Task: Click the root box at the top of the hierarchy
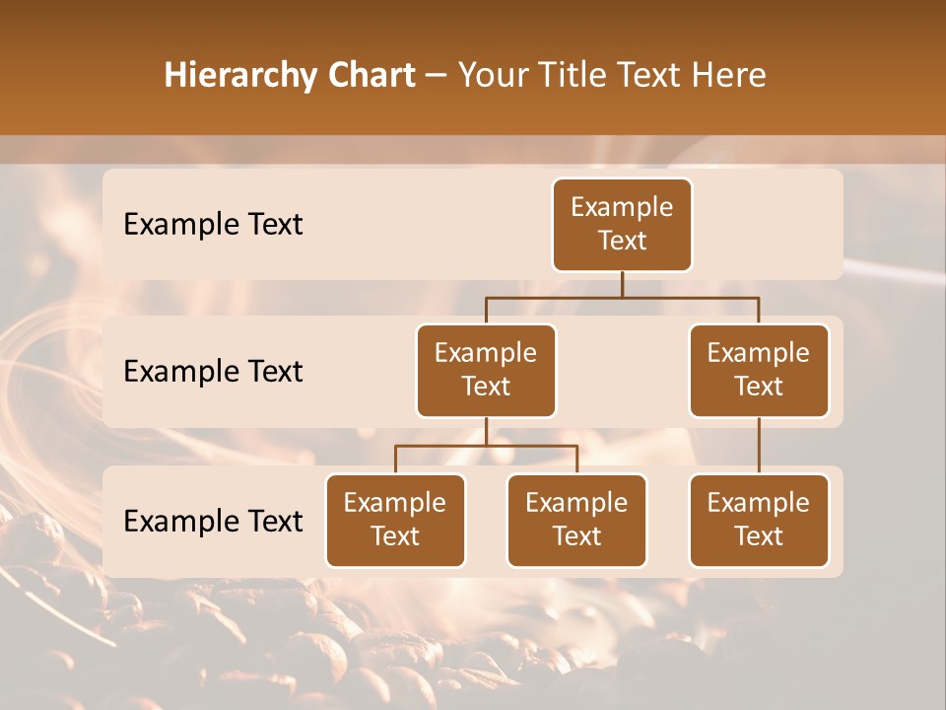(x=622, y=224)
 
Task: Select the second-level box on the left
(x=486, y=370)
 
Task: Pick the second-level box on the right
(x=759, y=370)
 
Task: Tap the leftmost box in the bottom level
(x=395, y=520)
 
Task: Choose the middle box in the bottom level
(x=576, y=520)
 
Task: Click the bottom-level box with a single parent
(x=759, y=520)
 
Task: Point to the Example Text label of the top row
(x=213, y=225)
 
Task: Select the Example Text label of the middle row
(x=213, y=372)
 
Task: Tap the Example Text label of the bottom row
(x=213, y=521)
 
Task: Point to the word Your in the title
(x=494, y=75)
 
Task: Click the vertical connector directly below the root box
(x=622, y=284)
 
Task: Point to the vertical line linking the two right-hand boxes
(x=759, y=445)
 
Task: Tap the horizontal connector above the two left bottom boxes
(x=486, y=446)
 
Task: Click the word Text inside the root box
(x=622, y=241)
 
